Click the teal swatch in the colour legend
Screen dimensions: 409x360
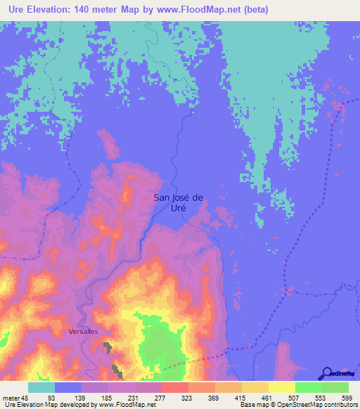tap(41, 388)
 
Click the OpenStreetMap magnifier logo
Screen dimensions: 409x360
tap(326, 373)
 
